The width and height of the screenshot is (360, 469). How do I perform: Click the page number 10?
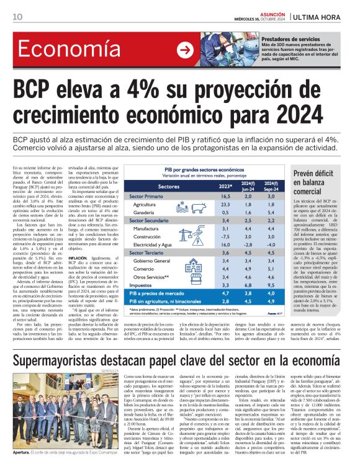point(17,17)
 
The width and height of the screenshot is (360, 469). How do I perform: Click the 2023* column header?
point(225,186)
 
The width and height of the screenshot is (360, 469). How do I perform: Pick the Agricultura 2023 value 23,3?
point(225,204)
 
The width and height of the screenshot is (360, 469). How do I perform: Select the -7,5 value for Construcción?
point(225,236)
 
